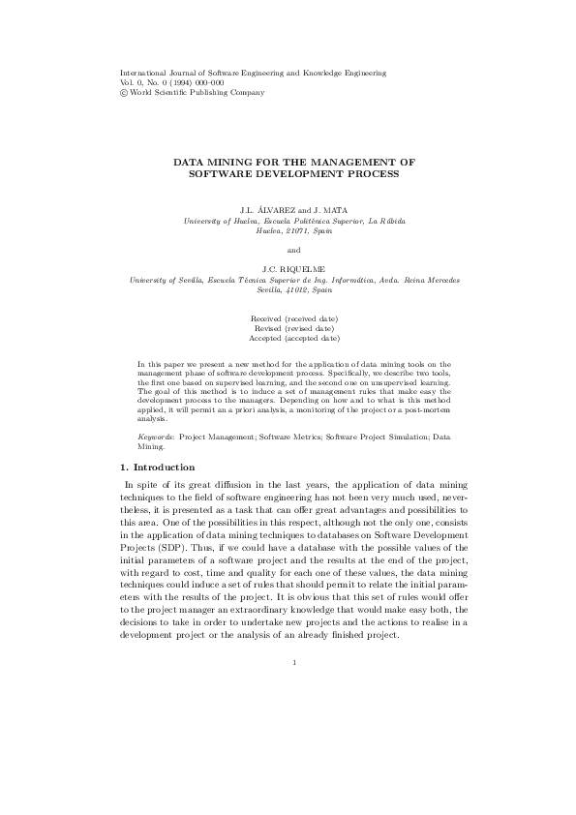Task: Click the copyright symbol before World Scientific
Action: (123, 92)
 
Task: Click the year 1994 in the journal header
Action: (178, 82)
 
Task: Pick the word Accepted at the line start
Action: (266, 339)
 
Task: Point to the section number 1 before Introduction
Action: (121, 468)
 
